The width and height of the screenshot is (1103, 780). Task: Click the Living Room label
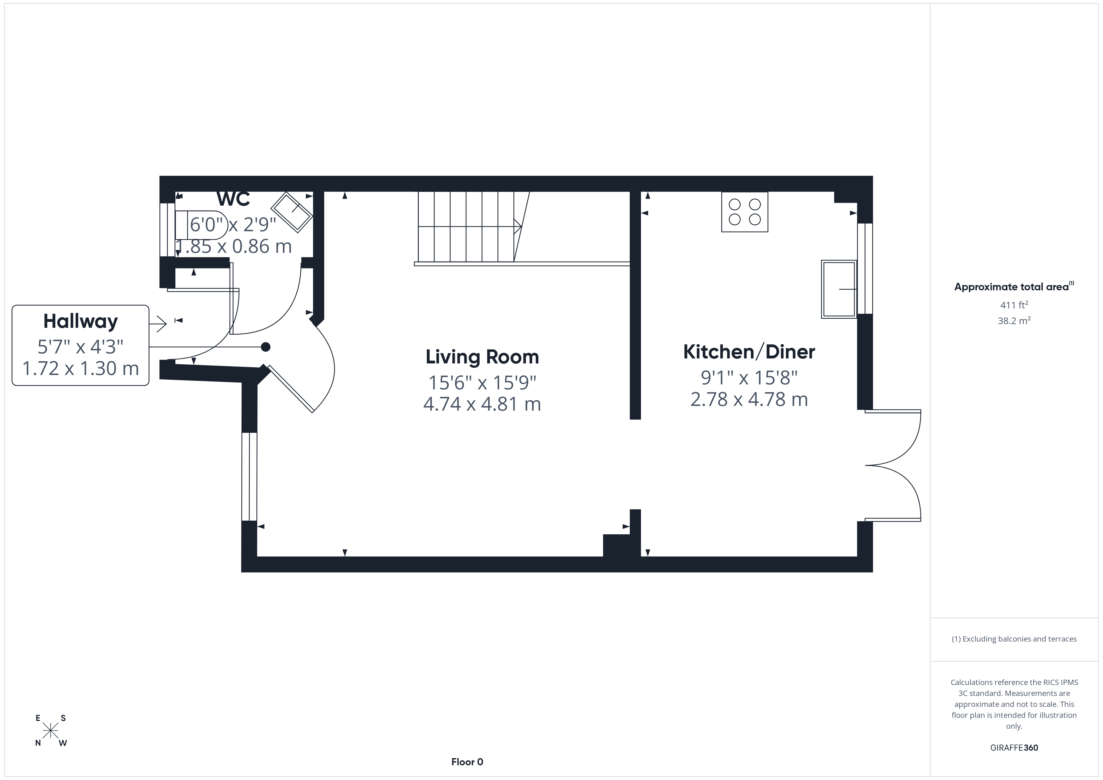(482, 357)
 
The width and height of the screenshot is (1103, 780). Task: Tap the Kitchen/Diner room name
(749, 352)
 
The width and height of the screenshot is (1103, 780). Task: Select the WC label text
(234, 198)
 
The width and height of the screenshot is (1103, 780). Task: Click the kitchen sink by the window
(839, 289)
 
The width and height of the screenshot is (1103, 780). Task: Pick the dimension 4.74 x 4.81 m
(482, 404)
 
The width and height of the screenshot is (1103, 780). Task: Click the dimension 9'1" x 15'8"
(749, 378)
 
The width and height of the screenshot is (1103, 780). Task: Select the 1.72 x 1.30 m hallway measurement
(81, 368)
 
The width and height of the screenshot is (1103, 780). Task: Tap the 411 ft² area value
(1014, 304)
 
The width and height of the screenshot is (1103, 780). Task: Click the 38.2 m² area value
(1014, 320)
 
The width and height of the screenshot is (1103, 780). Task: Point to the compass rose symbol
(50, 731)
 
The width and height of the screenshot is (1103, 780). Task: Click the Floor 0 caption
(467, 762)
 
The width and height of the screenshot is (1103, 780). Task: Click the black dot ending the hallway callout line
(265, 347)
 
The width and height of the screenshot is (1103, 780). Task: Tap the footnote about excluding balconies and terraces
(1014, 639)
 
